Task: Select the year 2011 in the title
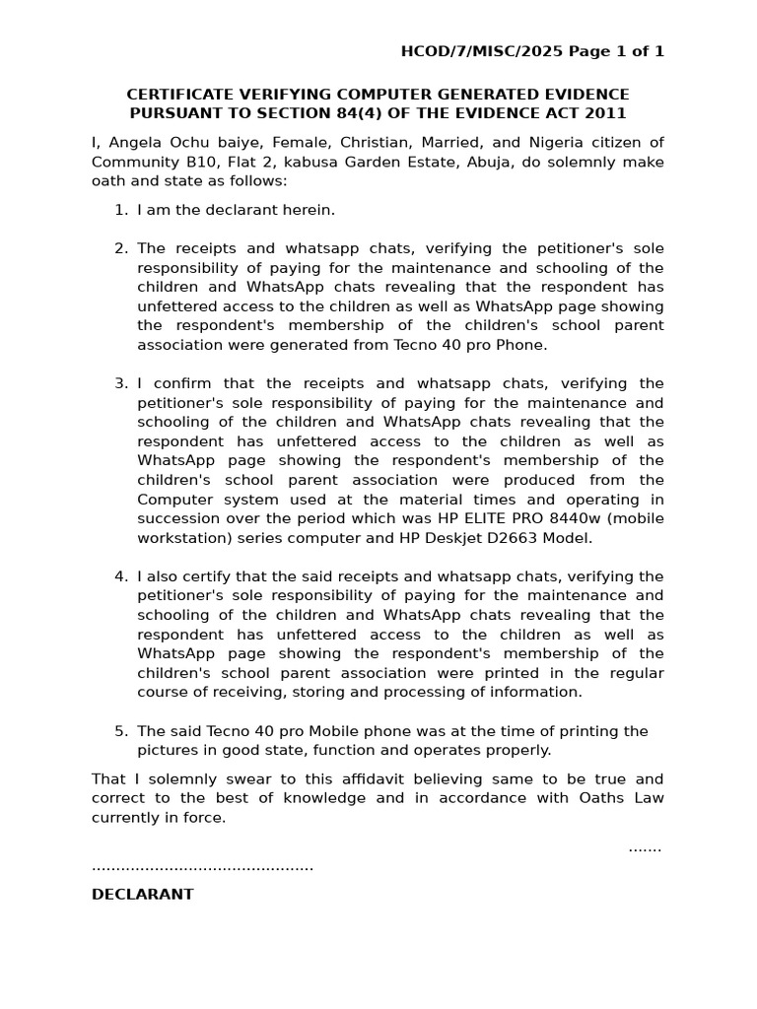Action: coord(607,113)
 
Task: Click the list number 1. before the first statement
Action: coord(120,210)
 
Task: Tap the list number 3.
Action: coord(120,383)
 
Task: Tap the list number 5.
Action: coord(120,731)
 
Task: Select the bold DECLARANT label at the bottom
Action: coord(143,895)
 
